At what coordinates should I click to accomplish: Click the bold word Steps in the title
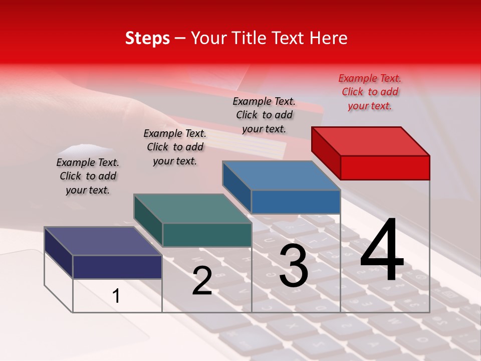[x=147, y=38]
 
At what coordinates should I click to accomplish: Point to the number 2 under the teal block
[x=202, y=281]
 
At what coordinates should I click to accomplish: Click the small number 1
[x=116, y=296]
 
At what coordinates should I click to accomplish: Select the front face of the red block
[x=385, y=167]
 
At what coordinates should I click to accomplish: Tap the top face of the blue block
[x=282, y=175]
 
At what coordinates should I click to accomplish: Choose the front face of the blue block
[x=296, y=202]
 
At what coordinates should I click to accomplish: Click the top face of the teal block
[x=193, y=209]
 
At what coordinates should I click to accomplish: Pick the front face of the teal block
[x=207, y=235]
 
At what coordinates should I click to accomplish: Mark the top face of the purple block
[x=103, y=241]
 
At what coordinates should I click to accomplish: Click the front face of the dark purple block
[x=117, y=267]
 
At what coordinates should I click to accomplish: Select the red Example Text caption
[x=370, y=92]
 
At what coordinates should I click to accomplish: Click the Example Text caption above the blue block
[x=264, y=115]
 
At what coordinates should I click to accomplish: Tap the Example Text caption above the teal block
[x=175, y=147]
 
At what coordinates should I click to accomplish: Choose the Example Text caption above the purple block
[x=88, y=176]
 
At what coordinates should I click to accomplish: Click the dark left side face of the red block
[x=326, y=152]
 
